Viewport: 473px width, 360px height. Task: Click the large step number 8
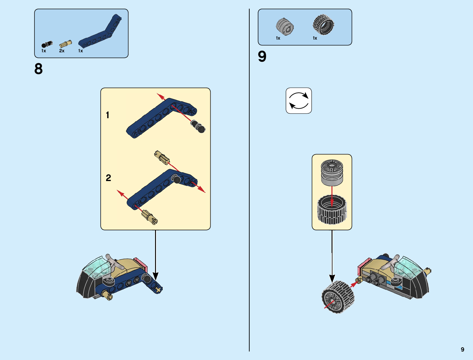coord(38,69)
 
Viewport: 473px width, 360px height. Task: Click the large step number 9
coord(262,57)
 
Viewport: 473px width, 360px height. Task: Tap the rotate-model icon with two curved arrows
coord(299,101)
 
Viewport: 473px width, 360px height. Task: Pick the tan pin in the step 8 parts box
coord(66,44)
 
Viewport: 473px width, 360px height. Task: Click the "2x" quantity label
coord(62,51)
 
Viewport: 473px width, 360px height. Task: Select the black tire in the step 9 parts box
coord(323,24)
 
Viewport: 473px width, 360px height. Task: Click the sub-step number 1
coord(107,115)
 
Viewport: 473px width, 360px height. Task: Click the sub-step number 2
coord(108,178)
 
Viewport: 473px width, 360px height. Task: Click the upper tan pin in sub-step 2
coord(162,158)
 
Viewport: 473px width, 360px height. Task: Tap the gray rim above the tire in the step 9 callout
coord(332,173)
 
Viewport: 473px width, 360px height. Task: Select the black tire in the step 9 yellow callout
coord(332,210)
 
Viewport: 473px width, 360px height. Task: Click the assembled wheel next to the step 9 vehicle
coord(338,297)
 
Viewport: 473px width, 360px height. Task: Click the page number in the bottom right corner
coord(462,349)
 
